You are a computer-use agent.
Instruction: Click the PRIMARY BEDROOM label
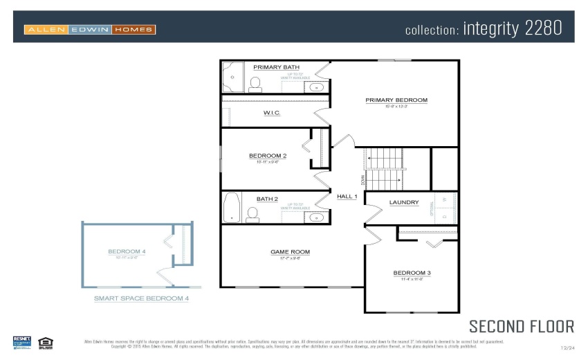point(396,100)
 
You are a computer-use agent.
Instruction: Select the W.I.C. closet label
point(272,113)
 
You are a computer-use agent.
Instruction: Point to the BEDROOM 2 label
point(268,156)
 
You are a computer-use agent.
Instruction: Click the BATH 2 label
point(267,199)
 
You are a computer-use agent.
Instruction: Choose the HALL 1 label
point(347,197)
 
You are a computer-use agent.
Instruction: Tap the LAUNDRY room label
point(403,203)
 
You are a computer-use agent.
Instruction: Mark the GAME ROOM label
point(290,252)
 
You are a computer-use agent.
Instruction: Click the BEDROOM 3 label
point(412,273)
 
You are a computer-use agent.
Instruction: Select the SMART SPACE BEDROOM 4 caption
point(141,298)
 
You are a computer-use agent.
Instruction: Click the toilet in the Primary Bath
point(255,84)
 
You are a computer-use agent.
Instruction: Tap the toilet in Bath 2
point(252,216)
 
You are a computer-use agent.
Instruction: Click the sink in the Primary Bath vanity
point(316,88)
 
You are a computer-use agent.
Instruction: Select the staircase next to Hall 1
point(384,170)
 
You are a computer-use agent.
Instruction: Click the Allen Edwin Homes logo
point(90,30)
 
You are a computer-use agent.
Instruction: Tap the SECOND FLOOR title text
point(521,326)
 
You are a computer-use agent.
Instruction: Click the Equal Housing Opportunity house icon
point(46,342)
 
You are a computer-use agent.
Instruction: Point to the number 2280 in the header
point(539,28)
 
